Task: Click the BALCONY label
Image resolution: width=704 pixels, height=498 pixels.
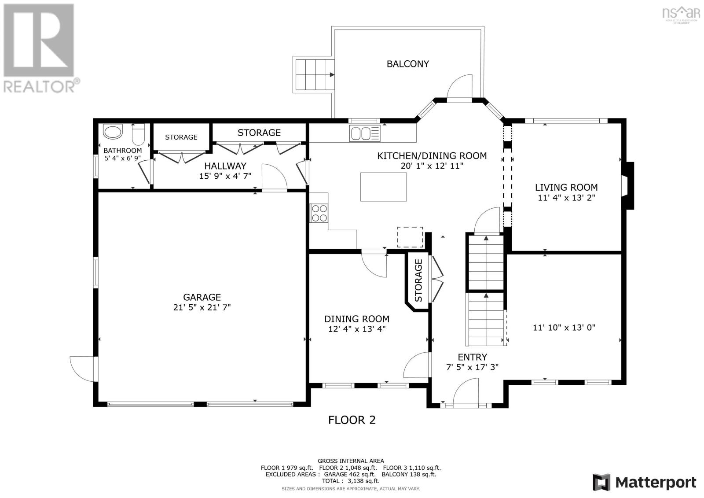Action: click(x=407, y=64)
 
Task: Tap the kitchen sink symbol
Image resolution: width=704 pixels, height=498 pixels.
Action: click(x=365, y=133)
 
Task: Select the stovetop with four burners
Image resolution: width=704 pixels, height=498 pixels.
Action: click(x=319, y=213)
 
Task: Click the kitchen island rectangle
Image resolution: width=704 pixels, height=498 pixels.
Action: click(x=383, y=187)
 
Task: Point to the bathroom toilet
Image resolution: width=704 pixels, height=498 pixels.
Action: click(x=138, y=134)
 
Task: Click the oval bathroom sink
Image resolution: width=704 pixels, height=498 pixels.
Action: click(x=113, y=132)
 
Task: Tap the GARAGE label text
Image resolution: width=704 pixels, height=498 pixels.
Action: click(x=202, y=297)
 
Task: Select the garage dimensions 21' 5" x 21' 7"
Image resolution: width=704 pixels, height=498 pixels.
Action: click(x=202, y=307)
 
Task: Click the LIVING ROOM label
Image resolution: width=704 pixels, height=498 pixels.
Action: click(x=566, y=188)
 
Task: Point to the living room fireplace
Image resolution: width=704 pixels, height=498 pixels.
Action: click(x=628, y=186)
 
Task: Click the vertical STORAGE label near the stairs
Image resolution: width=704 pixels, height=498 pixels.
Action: click(x=418, y=280)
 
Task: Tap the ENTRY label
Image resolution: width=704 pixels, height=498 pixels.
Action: click(x=473, y=357)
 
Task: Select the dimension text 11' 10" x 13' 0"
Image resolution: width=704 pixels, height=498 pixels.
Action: click(x=564, y=328)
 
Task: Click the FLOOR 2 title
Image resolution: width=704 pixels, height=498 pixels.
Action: click(x=352, y=420)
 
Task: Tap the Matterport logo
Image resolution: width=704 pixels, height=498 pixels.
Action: click(x=644, y=482)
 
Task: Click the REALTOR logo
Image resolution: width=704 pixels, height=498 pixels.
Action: click(x=41, y=49)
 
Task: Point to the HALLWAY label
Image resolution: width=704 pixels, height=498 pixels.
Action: click(x=225, y=166)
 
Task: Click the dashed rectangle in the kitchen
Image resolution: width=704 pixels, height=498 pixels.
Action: click(x=410, y=237)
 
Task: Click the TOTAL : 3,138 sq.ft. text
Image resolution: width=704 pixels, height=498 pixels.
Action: click(x=351, y=481)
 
